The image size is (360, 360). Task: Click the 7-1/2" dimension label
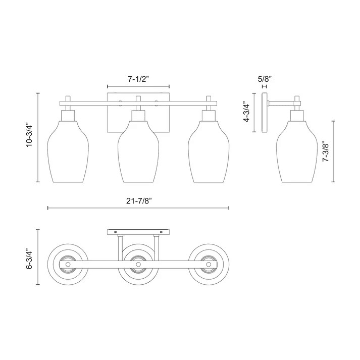pos(138,79)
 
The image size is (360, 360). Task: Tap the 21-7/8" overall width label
pos(139,200)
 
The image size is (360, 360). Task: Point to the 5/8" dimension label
pos(265,79)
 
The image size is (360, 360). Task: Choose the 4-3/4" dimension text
pos(246,113)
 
